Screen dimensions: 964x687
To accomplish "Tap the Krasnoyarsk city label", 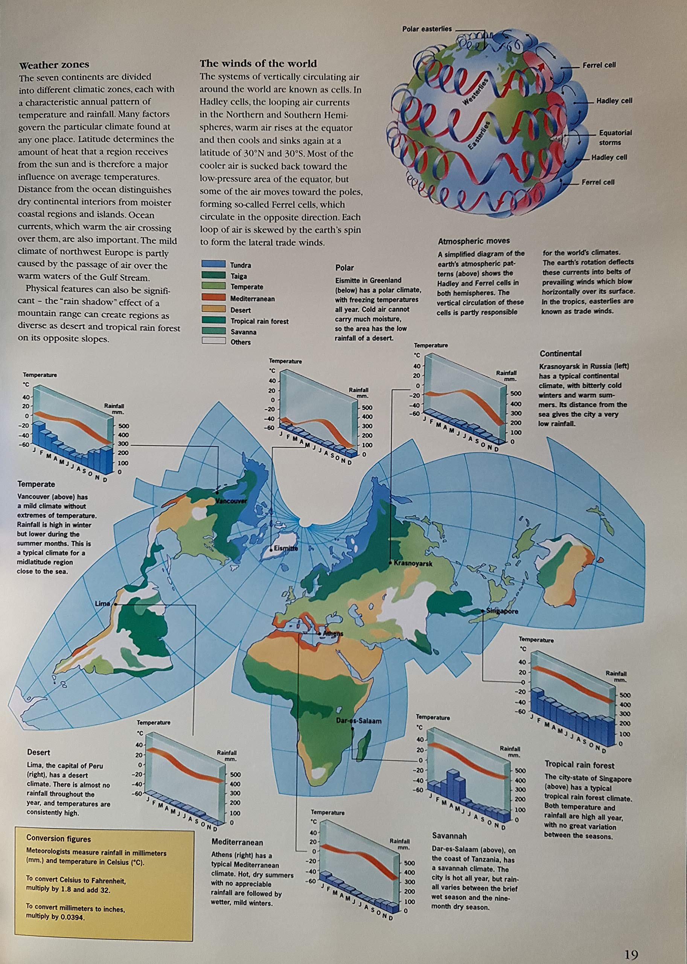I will coord(413,563).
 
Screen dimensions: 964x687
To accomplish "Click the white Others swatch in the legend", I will coord(213,342).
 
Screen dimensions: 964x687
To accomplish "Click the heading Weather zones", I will coord(54,65).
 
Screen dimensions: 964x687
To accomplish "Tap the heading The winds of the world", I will coord(258,64).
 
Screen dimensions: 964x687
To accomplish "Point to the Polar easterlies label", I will coord(427,29).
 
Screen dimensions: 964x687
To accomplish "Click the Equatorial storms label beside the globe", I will coord(615,137).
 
